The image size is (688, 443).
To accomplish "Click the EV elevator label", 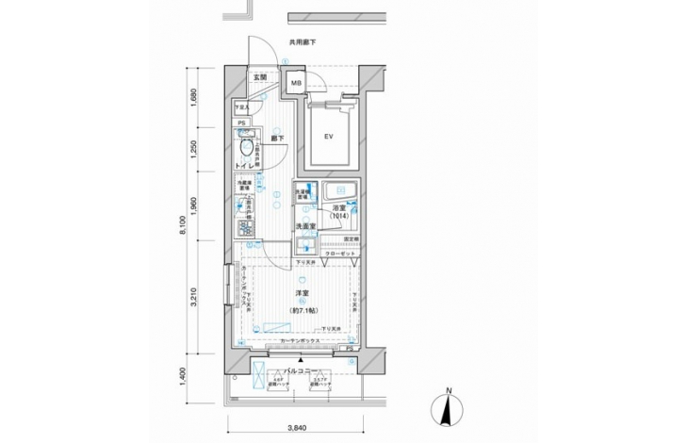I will point(330,137).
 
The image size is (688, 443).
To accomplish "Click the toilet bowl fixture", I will point(248,149).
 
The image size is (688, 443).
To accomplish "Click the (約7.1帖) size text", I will point(302,310).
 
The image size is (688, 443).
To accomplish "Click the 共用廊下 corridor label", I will point(301,42).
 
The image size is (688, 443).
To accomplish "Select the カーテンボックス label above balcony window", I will point(295,338).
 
